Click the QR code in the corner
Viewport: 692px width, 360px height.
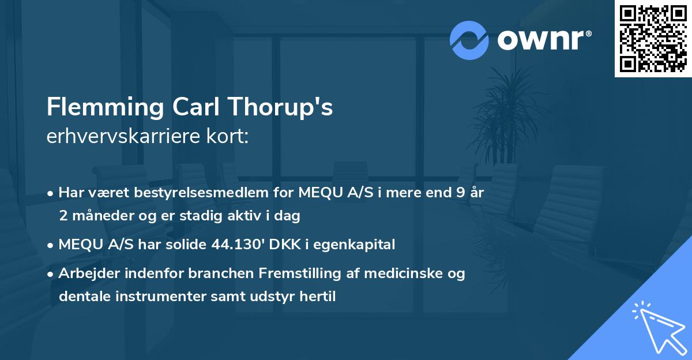coord(653,39)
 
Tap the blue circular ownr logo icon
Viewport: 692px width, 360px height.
coord(469,40)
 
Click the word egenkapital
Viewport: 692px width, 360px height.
coord(359,244)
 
